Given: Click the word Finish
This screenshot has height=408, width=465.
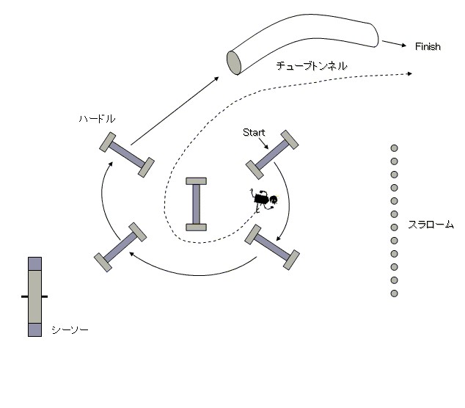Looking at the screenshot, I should pos(428,47).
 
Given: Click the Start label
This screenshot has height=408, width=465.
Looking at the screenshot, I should pos(254,132).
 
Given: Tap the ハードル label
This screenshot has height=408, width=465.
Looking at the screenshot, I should pos(98,117).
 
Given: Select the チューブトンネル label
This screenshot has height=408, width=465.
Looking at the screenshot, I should pos(311,66).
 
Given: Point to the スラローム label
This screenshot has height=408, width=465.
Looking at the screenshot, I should pos(431,225).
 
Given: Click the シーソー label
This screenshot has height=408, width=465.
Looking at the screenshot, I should pos(70,330).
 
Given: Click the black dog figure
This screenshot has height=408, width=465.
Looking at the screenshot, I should pos(263,199).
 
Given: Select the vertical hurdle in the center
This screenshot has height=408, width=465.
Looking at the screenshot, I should pos(196,204).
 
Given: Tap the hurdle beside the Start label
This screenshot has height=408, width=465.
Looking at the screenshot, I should pos(272,154).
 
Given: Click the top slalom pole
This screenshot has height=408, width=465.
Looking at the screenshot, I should pos(394,147).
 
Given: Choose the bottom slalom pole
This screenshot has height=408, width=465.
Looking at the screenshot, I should pos(394,294).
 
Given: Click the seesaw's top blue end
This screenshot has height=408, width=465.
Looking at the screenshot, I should pos(34,263).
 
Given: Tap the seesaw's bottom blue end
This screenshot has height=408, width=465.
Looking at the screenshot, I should pos(34,329).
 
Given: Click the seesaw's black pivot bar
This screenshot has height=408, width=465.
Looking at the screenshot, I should pos(34,296).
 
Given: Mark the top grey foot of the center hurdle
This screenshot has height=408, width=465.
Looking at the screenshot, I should pos(196,181).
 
